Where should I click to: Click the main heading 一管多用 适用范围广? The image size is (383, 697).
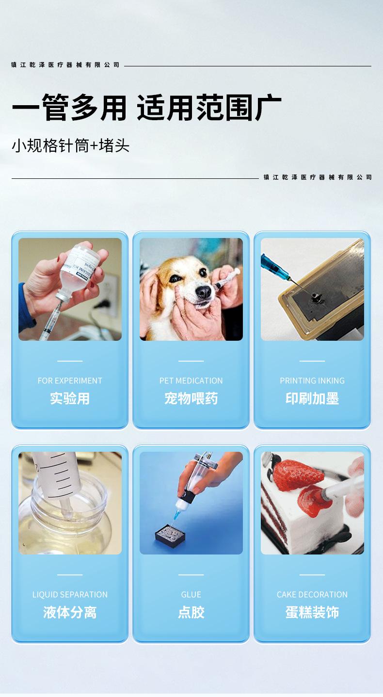point(146,108)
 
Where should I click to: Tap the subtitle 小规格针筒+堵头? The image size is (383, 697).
point(71,145)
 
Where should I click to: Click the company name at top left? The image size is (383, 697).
point(65,64)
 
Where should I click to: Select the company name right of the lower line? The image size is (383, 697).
point(318,177)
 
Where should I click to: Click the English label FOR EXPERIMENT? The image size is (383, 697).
point(70,380)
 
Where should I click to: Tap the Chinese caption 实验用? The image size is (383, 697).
point(70,398)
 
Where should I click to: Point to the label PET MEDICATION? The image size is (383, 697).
point(191,380)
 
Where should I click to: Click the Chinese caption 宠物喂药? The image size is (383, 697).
point(191,398)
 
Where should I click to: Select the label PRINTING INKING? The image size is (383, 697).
point(312,380)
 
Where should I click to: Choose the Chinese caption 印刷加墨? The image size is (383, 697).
point(312,398)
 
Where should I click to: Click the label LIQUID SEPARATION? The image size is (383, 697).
point(70,594)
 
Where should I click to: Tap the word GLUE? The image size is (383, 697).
point(191,594)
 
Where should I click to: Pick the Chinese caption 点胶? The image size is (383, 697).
point(191,612)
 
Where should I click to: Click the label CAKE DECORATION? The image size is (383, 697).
point(312,594)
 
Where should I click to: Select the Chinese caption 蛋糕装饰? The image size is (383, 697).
point(312,612)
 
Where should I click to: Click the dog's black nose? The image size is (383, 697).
point(204,291)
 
